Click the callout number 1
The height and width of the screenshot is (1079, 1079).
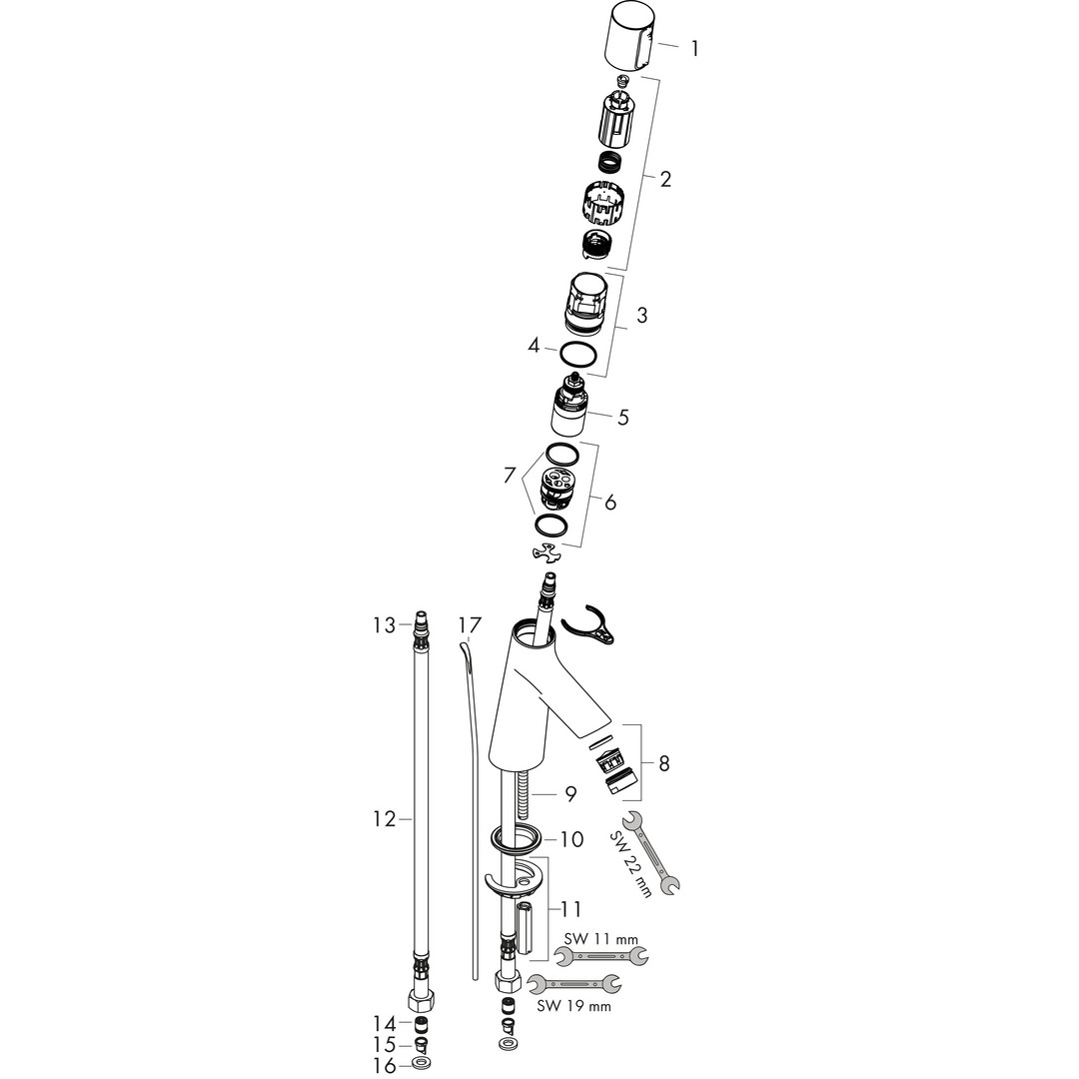click(x=694, y=49)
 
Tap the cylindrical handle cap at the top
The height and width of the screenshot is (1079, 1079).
click(x=628, y=38)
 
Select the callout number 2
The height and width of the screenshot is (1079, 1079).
click(x=665, y=180)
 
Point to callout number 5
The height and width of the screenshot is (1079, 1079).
click(x=623, y=417)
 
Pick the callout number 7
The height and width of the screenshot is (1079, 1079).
click(x=510, y=475)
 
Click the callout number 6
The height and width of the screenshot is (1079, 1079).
click(x=610, y=503)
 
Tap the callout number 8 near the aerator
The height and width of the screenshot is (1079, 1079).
click(x=663, y=763)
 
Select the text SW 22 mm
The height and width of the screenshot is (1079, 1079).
click(x=630, y=863)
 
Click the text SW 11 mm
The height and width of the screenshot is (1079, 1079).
click(x=600, y=939)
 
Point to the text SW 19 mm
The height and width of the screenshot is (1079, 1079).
click(x=573, y=1006)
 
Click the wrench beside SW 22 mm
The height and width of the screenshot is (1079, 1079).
click(x=651, y=853)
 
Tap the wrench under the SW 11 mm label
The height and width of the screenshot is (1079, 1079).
click(x=601, y=956)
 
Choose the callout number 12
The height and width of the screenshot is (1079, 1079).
click(x=386, y=819)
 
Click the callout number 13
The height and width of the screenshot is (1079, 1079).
click(x=385, y=624)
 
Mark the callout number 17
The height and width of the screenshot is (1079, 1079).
click(x=471, y=624)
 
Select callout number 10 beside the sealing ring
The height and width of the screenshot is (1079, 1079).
click(x=571, y=839)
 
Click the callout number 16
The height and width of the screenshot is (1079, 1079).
click(x=386, y=1065)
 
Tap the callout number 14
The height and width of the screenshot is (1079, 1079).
click(x=386, y=1023)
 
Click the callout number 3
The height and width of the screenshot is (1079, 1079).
click(x=642, y=315)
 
